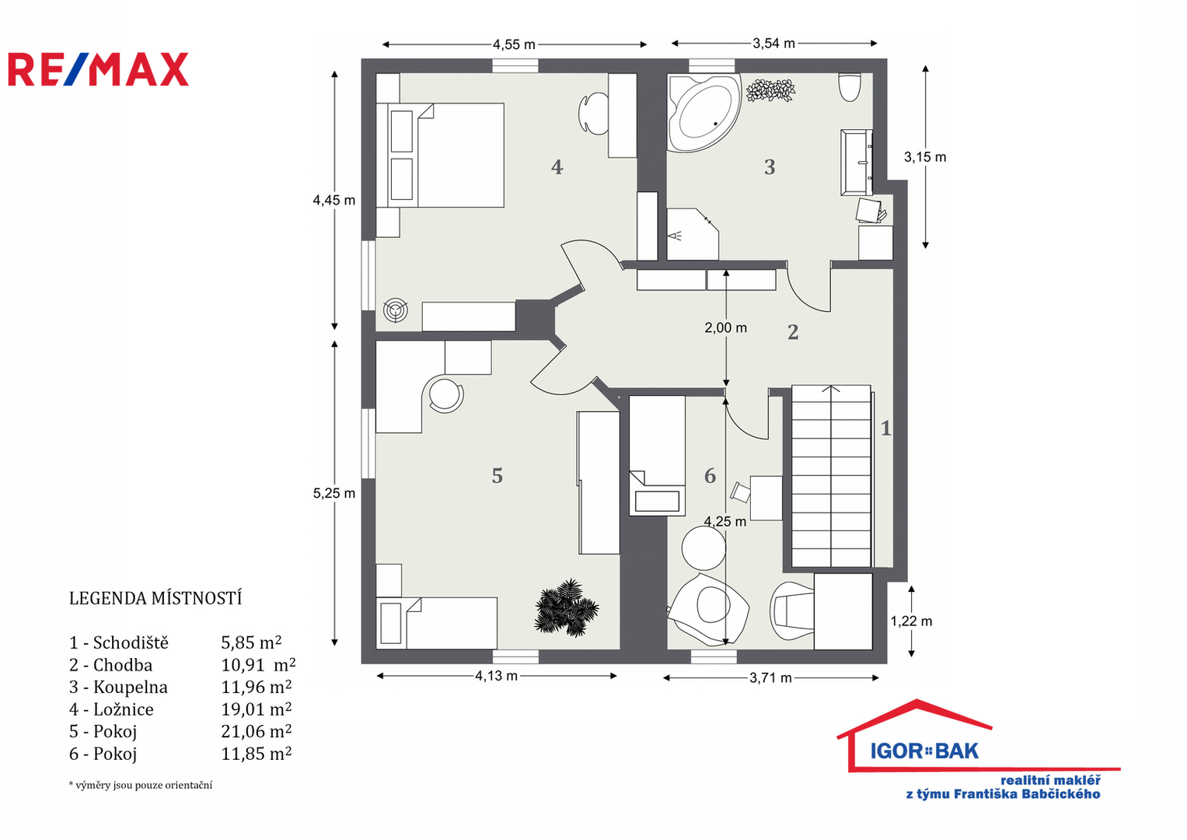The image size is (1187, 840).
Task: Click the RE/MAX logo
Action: click(99, 69)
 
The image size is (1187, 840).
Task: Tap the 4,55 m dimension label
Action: click(514, 44)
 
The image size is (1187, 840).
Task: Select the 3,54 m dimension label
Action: click(773, 44)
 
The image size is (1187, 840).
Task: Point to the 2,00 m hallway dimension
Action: click(725, 327)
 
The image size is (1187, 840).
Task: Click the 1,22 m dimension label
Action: click(911, 621)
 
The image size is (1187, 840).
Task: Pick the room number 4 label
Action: click(557, 167)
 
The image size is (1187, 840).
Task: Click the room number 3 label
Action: click(770, 167)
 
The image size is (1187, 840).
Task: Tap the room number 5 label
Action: click(497, 476)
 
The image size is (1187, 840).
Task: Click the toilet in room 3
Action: click(850, 87)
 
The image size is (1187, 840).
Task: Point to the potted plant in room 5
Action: click(566, 607)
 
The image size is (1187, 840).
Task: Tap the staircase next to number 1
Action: click(831, 476)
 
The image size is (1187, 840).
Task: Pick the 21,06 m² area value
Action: click(256, 731)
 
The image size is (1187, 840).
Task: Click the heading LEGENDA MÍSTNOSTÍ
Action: click(155, 598)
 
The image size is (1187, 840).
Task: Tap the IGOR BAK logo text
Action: click(924, 751)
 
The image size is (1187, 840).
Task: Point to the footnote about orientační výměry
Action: click(141, 785)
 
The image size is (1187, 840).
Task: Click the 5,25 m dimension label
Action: click(333, 493)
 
